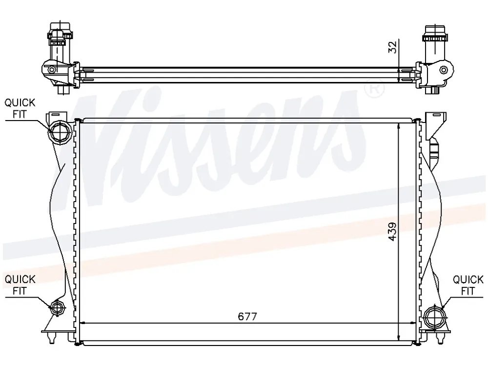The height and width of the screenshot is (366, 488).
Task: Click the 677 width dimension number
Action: [247, 316]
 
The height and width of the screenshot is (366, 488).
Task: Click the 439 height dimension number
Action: [393, 231]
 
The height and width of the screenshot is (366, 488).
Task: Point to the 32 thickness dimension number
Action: [393, 47]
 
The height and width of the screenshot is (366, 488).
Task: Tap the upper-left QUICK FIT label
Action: [20, 108]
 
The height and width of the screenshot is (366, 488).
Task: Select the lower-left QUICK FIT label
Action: [20, 285]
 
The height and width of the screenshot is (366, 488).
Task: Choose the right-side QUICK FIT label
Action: [468, 285]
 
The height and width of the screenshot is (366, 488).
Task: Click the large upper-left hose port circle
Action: [60, 133]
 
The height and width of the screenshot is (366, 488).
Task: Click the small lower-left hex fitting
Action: [58, 308]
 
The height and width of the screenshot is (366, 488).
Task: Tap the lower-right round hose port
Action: [435, 318]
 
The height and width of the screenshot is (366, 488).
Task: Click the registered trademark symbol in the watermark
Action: [374, 88]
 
